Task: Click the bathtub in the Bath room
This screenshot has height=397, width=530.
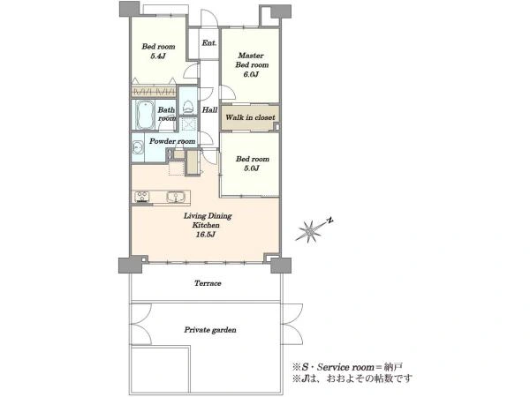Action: [x=146, y=115]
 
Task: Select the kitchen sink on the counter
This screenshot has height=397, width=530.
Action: [x=176, y=197]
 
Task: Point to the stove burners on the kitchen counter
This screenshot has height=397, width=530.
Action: [x=142, y=197]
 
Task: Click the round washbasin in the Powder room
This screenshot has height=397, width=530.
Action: [x=137, y=147]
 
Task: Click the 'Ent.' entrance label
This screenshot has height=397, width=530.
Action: [x=209, y=43]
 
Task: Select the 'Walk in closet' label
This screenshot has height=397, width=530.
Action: [x=250, y=117]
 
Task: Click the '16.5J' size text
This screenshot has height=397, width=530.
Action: [x=206, y=235]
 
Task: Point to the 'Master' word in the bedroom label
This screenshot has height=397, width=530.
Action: [x=251, y=56]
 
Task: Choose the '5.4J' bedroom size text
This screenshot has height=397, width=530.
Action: [x=158, y=56]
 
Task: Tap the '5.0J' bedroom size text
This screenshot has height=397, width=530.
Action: [x=252, y=169]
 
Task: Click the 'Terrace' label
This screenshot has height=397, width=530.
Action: [x=208, y=283]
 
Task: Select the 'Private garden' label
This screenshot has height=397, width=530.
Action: [x=210, y=330]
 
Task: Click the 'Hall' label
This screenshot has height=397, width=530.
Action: [x=209, y=109]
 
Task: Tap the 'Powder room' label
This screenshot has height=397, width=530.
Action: [x=172, y=141]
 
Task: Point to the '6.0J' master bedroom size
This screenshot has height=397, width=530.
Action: [x=251, y=74]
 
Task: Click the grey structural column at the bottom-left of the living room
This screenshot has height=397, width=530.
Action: [x=130, y=265]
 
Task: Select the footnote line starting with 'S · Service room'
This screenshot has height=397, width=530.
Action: [x=347, y=367]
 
